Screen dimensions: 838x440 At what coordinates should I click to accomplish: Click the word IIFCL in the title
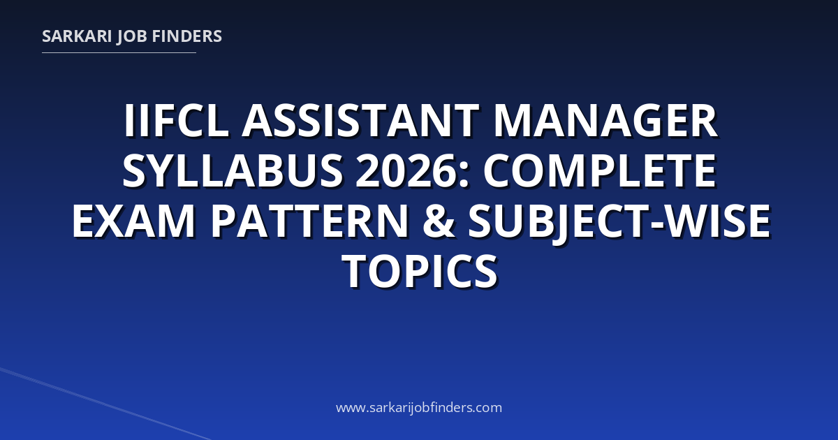[x=177, y=120]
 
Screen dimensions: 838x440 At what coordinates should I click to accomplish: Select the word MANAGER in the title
[x=605, y=120]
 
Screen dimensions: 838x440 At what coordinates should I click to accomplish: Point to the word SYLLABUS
[x=233, y=170]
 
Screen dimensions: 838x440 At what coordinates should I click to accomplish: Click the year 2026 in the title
[x=407, y=170]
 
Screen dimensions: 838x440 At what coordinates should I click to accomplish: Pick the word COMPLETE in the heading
[x=600, y=170]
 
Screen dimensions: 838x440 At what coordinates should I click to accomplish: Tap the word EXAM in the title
[x=133, y=221]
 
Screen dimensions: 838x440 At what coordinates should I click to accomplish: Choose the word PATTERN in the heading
[x=309, y=221]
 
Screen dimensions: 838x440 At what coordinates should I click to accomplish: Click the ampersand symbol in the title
[x=439, y=221]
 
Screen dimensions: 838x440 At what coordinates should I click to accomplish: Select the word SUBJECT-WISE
[x=619, y=221]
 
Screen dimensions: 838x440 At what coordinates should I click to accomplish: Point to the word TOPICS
[x=420, y=271]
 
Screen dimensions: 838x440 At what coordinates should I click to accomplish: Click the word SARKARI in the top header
[x=77, y=36]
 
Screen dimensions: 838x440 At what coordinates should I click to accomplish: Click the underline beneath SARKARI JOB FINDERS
[x=119, y=53]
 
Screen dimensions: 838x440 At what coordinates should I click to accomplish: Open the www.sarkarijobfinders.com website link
[x=419, y=407]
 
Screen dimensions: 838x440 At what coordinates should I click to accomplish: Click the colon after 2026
[x=464, y=176]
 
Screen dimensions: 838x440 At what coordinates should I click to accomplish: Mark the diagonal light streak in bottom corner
[x=105, y=404]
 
